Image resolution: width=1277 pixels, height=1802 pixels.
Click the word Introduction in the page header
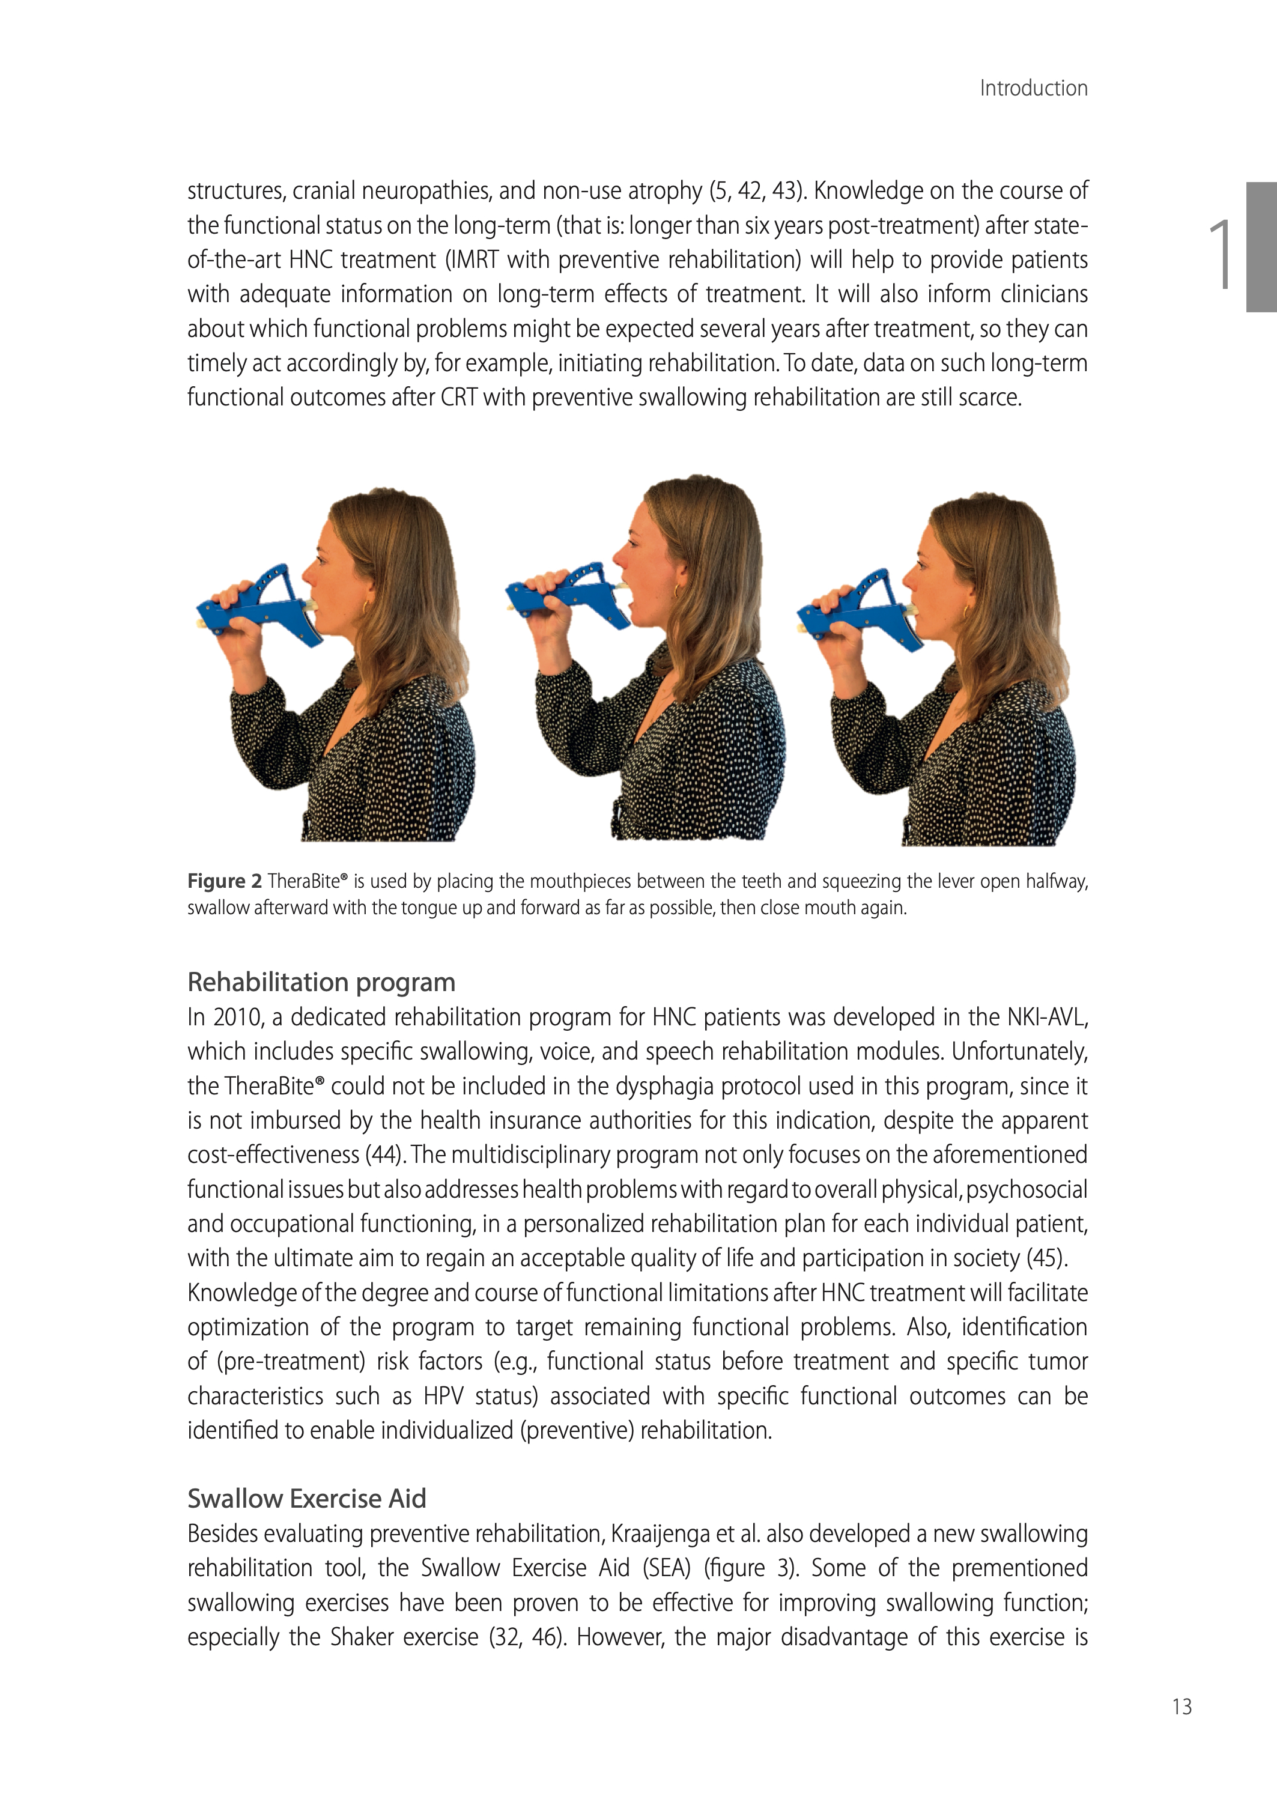pos(1033,88)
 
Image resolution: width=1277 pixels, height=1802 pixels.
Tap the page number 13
pos(1182,1706)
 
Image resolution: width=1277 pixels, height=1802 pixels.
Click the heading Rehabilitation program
pos(321,982)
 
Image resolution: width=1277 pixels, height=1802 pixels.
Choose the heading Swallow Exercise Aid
pos(307,1499)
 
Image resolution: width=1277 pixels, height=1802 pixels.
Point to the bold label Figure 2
pos(224,881)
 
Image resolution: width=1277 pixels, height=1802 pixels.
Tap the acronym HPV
pos(443,1397)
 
